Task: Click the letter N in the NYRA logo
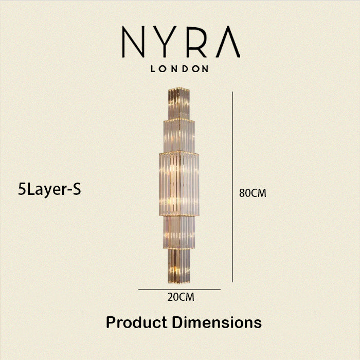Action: click(x=133, y=42)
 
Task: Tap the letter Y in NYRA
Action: click(x=165, y=42)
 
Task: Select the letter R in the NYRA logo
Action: click(x=196, y=42)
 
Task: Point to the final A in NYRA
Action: click(x=228, y=42)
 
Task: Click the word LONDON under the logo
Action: click(x=179, y=68)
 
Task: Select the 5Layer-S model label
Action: click(x=49, y=190)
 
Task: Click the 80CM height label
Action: click(x=253, y=193)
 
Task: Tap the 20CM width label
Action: click(x=181, y=297)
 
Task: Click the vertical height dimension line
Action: click(x=232, y=187)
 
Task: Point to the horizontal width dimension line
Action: click(x=179, y=290)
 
